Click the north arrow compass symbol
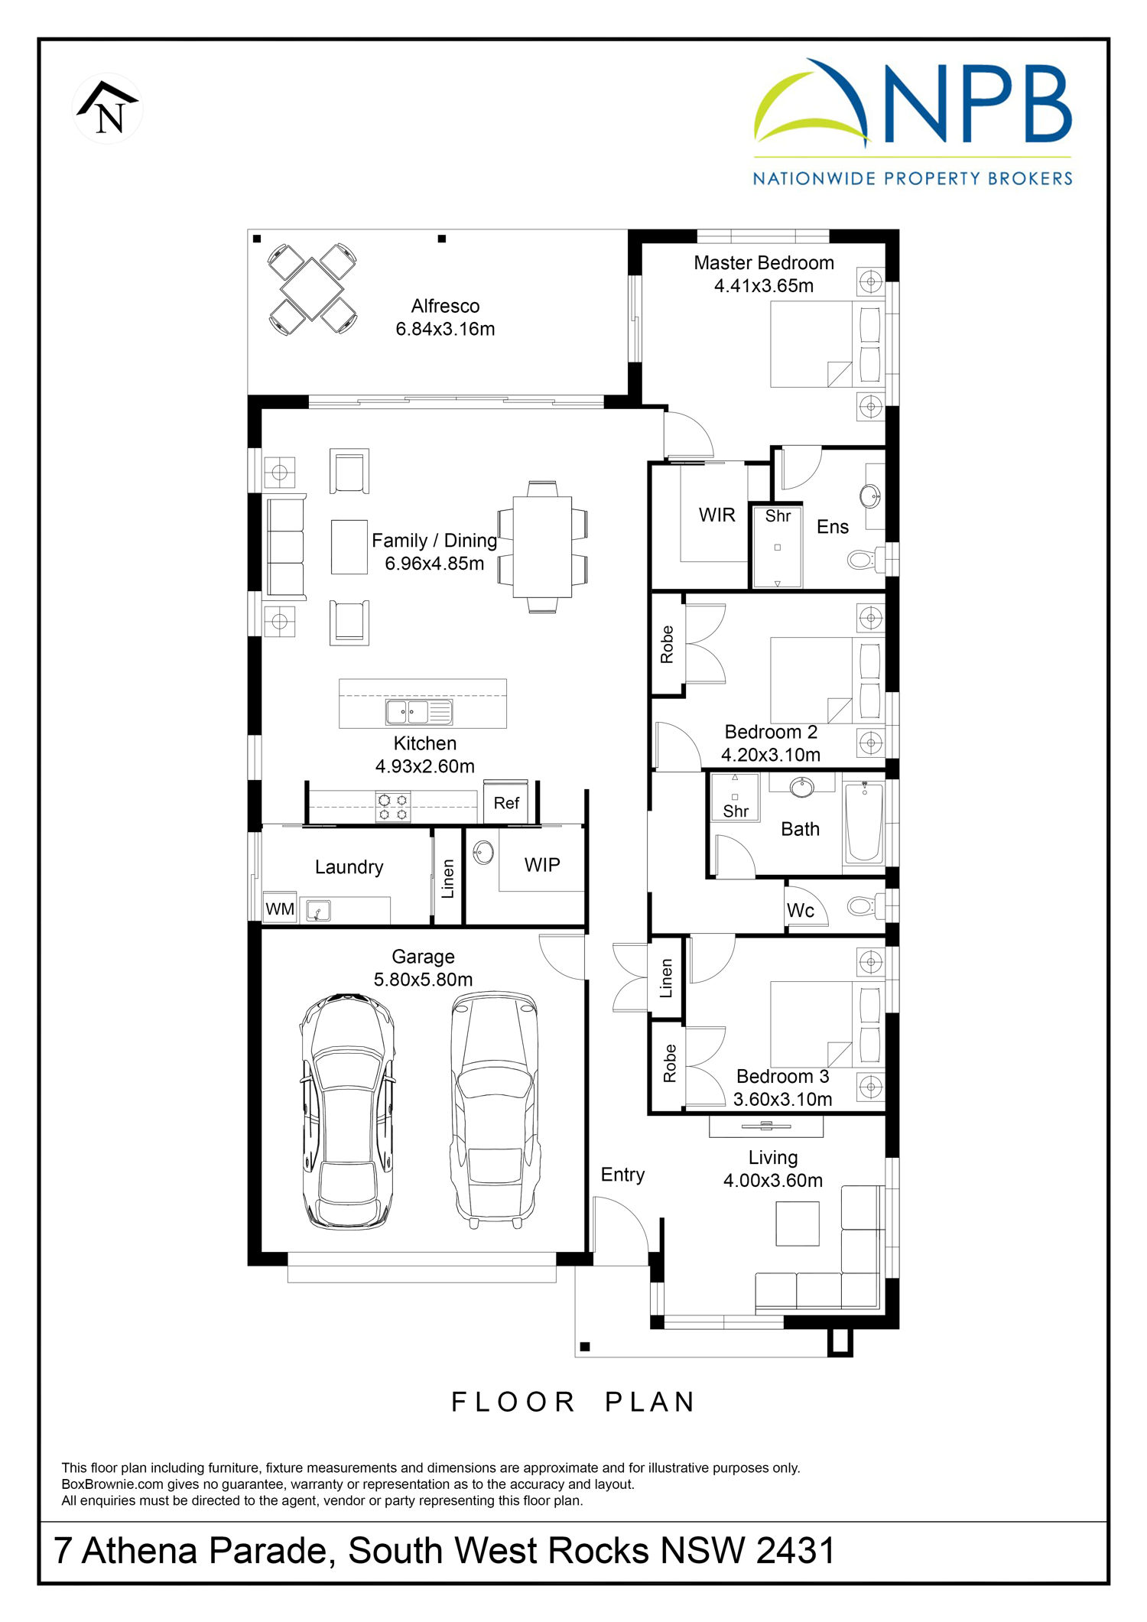click(108, 109)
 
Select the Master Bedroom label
click(764, 263)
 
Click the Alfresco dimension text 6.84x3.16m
click(445, 330)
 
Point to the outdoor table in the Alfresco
click(312, 288)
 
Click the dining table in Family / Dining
click(542, 547)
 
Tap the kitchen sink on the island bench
click(419, 712)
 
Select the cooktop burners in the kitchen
click(393, 808)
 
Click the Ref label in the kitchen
click(506, 804)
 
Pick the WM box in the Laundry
click(280, 909)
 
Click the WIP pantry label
click(542, 865)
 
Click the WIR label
click(717, 515)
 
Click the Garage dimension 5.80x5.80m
click(423, 980)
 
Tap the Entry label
click(622, 1175)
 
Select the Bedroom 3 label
click(782, 1077)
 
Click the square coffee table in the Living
click(798, 1224)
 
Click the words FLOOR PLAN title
click(573, 1402)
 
